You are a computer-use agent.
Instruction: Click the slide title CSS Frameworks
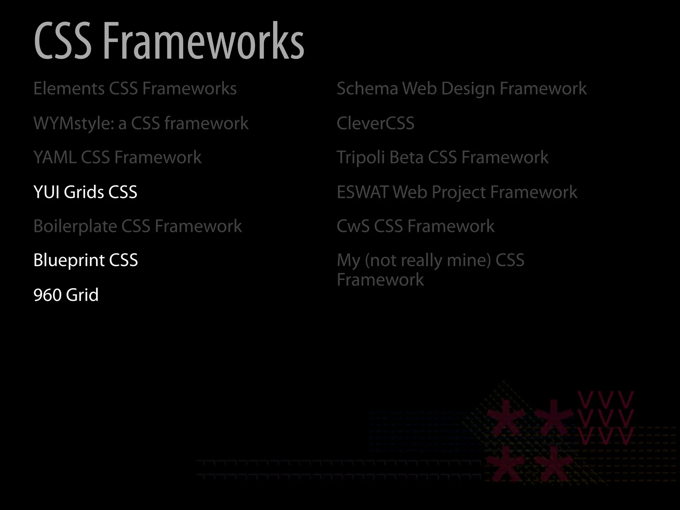[x=169, y=41]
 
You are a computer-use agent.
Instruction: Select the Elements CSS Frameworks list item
[x=135, y=88]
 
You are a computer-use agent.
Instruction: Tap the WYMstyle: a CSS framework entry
[x=141, y=123]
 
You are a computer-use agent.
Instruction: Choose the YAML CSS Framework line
[x=117, y=157]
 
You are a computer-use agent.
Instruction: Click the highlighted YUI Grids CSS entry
[x=85, y=192]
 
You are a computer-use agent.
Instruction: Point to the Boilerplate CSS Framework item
[x=137, y=226]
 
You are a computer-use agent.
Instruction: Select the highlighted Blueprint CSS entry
[x=85, y=260]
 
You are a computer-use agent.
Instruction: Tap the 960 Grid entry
[x=66, y=295]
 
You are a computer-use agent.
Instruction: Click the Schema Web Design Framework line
[x=462, y=88]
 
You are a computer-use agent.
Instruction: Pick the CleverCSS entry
[x=375, y=123]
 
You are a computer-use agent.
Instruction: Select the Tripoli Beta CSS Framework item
[x=442, y=157]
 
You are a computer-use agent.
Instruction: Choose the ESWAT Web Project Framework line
[x=457, y=192]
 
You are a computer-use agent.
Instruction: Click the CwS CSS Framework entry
[x=415, y=226]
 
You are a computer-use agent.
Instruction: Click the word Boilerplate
[x=75, y=226]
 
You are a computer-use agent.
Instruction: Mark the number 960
[x=47, y=295]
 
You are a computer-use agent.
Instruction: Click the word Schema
[x=367, y=88]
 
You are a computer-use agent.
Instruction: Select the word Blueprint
[x=69, y=260]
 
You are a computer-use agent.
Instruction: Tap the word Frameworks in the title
[x=203, y=41]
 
